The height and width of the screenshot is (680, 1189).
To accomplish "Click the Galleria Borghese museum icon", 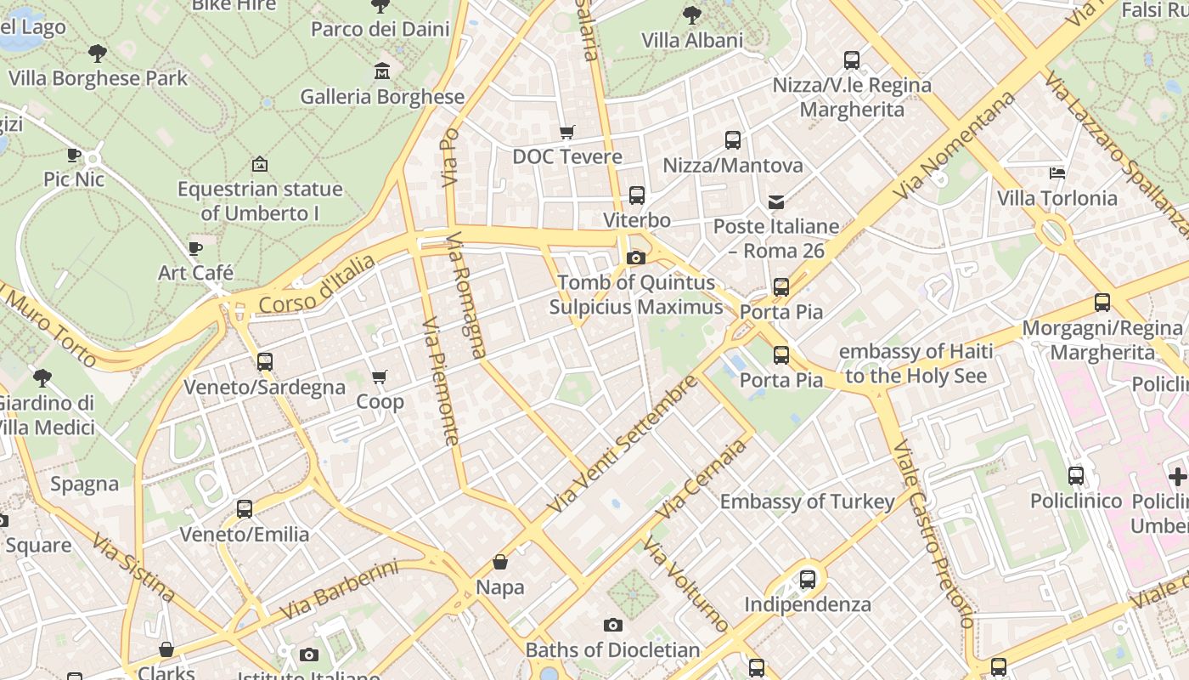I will tap(381, 71).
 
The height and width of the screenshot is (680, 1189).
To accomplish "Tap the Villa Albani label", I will tap(692, 40).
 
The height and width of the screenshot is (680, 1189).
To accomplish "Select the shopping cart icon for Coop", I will tap(380, 377).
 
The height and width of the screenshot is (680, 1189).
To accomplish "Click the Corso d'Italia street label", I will tap(317, 284).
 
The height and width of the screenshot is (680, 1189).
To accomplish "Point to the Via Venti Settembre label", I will tap(622, 444).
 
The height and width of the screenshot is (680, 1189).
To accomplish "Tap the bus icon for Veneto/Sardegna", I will tap(265, 362).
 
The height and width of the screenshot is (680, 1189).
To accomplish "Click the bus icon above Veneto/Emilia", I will tap(245, 509).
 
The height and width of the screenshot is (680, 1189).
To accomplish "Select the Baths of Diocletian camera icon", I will tap(612, 626).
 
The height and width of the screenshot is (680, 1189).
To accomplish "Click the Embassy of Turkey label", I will tap(807, 501).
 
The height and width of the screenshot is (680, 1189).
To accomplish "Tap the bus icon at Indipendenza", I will tap(808, 580).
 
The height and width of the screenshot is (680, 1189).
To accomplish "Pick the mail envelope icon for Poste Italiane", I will tap(776, 201).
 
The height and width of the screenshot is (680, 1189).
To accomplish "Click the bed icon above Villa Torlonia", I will tap(1057, 173).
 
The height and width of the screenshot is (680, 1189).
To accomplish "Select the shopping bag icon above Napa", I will tap(500, 562).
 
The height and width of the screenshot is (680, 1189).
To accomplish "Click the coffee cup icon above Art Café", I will tap(195, 248).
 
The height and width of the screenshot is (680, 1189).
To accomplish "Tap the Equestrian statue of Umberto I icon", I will tap(260, 164).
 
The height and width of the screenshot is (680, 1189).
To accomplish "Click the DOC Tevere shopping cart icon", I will tap(566, 132).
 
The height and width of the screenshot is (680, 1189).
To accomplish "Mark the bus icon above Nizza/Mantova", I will tap(732, 140).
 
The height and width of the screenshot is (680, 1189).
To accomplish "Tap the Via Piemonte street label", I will tap(441, 381).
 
